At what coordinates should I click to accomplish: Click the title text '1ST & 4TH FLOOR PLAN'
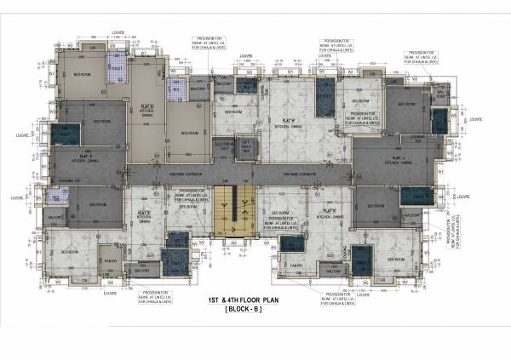click(244, 301)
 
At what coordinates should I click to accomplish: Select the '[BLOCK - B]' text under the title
click(244, 312)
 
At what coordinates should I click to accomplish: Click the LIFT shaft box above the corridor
click(247, 146)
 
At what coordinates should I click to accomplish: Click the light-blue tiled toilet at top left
click(114, 60)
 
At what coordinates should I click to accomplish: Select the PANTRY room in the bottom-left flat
click(110, 262)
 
